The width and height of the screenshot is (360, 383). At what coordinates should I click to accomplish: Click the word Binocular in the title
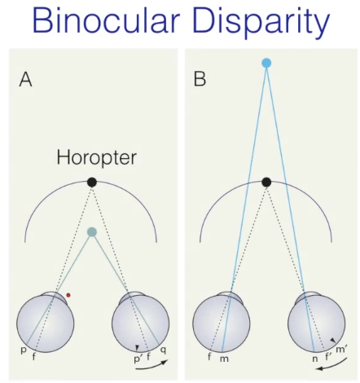tap(106, 21)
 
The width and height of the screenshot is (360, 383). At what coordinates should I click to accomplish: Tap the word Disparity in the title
tap(261, 23)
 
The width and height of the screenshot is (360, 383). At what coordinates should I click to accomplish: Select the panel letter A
tap(25, 80)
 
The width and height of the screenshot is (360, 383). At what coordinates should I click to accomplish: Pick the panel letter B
tap(200, 80)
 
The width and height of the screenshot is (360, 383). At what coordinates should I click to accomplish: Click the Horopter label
tap(96, 158)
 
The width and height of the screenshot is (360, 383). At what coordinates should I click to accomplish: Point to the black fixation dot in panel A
tap(92, 182)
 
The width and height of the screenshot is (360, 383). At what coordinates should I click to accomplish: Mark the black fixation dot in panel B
tap(266, 182)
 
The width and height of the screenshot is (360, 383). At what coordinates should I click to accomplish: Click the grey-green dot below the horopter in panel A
tap(92, 232)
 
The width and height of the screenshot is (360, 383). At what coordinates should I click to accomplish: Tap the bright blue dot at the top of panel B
tap(266, 63)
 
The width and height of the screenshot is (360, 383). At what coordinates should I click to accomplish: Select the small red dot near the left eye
tap(68, 295)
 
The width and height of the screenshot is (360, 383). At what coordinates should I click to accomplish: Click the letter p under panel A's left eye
tap(24, 350)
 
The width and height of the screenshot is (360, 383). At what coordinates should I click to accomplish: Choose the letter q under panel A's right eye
tap(163, 350)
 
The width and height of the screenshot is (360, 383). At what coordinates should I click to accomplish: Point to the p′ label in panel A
tap(138, 359)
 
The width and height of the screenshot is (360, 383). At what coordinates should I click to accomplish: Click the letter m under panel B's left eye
tap(224, 359)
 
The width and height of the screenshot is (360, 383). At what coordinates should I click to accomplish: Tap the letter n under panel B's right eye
tap(315, 359)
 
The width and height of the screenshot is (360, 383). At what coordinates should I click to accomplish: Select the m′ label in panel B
tap(341, 349)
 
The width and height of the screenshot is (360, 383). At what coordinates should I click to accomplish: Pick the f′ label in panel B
tap(328, 356)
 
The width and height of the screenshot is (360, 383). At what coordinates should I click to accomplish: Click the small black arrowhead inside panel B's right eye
tap(332, 340)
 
